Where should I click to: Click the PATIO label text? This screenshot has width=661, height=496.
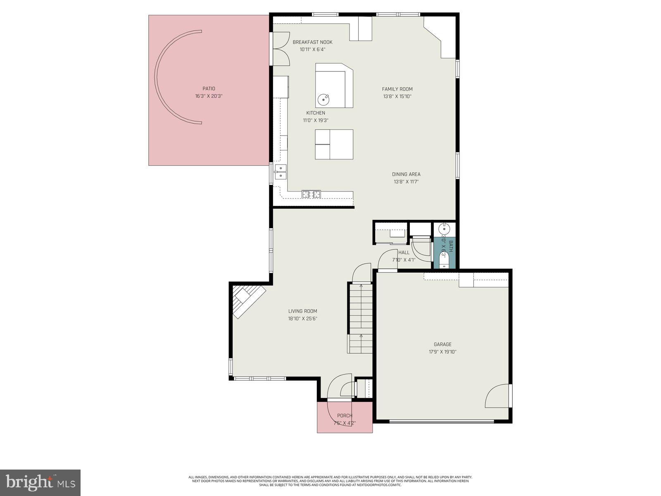point(209,88)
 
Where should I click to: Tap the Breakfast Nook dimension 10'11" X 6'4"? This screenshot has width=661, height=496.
point(312,50)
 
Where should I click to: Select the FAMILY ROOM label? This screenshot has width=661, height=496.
point(397,89)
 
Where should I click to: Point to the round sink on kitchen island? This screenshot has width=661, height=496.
point(323,99)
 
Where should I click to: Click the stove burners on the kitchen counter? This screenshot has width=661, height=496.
point(311,193)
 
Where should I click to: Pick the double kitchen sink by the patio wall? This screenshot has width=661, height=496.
point(281,172)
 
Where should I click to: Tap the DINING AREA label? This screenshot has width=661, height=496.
point(406,174)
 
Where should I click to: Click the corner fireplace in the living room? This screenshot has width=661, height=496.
point(247,300)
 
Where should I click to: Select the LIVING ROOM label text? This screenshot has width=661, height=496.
point(302,311)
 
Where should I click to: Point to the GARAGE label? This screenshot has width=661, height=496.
point(442,344)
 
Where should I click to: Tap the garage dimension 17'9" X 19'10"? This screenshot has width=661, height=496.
point(442,352)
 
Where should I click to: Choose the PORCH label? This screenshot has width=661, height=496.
point(345,415)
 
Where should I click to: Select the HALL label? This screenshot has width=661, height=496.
point(404,252)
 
